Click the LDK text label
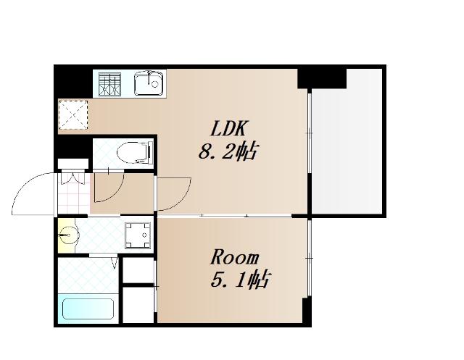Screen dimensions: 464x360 [x=228, y=128]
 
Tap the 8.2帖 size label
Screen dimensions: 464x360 [x=227, y=151]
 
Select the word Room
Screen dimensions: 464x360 [x=234, y=257]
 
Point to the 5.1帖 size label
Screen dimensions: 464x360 [x=240, y=280]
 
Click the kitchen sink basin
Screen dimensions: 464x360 [x=149, y=83]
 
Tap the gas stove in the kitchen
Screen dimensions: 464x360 [x=109, y=84]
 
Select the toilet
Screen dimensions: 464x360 [x=136, y=152]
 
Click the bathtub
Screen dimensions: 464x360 [x=88, y=309]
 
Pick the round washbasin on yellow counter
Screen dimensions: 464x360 [x=68, y=235]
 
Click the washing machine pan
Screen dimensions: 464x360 [x=138, y=235]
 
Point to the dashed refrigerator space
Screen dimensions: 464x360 [x=73, y=115]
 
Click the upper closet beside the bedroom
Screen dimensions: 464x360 [x=138, y=270]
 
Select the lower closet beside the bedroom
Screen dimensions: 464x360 [x=138, y=305]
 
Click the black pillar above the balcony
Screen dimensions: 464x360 [x=322, y=78]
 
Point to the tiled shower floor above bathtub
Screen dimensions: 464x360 [x=88, y=275]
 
